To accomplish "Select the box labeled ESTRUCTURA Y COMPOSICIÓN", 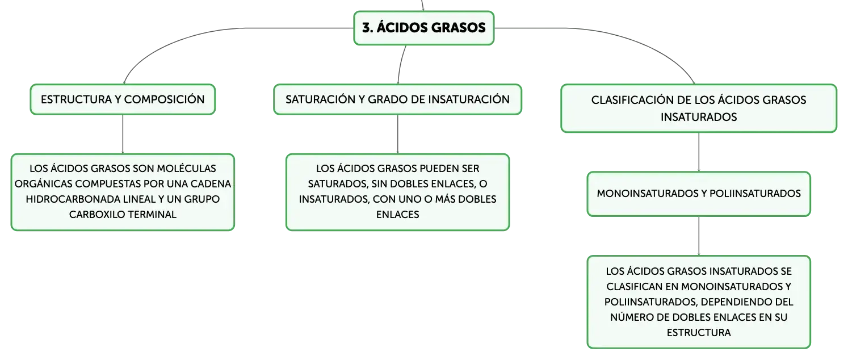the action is (123, 99).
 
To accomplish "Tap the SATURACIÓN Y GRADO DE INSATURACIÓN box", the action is (397, 99).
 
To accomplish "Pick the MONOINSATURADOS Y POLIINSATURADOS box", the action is (699, 194).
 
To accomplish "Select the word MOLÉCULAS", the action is (186, 169).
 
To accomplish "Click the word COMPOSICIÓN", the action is (164, 99).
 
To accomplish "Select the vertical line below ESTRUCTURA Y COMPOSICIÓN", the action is (123, 134).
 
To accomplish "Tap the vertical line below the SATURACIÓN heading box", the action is (397, 134).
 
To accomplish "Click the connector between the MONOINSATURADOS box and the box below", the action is (699, 236).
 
